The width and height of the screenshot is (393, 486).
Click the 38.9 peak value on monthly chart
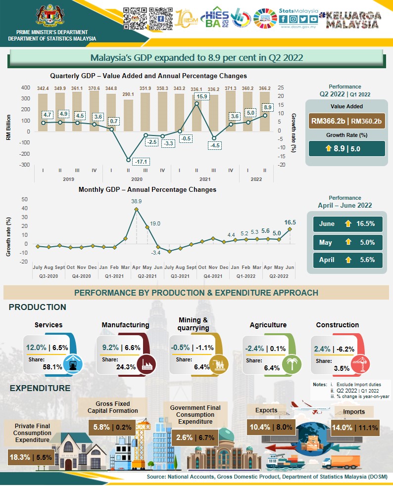(x=137, y=201)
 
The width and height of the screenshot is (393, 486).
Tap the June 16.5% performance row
(x=346, y=223)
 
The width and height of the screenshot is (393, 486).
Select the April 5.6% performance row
(x=346, y=260)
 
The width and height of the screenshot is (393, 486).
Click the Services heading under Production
(x=49, y=325)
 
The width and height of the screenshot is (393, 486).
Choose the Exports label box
(x=266, y=410)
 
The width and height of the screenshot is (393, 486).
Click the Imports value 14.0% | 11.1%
(x=355, y=428)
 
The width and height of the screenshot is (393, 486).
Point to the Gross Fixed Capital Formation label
(x=112, y=407)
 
